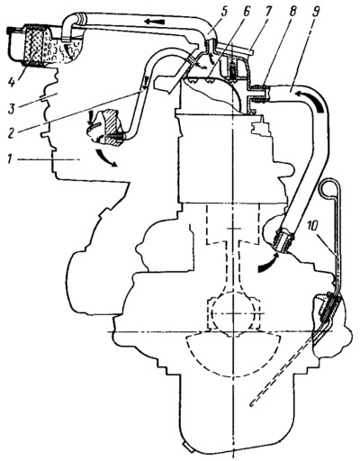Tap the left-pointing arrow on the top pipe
coord(154,21)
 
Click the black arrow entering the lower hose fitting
coord(268,262)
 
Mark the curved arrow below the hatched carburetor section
coord(105,158)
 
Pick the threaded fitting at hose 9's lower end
coord(283,240)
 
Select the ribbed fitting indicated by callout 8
coord(258,94)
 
